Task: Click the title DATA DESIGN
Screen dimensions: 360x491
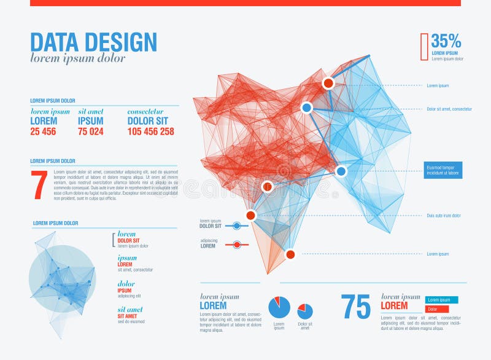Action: pyautogui.click(x=93, y=42)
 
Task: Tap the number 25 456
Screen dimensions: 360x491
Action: pyautogui.click(x=43, y=131)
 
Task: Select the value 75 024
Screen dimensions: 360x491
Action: pyautogui.click(x=91, y=131)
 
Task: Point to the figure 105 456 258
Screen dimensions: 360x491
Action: pyautogui.click(x=150, y=131)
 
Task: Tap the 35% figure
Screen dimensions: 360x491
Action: pyautogui.click(x=446, y=41)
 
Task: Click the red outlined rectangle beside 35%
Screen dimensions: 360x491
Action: pyautogui.click(x=424, y=47)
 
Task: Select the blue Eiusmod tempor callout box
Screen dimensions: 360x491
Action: pyautogui.click(x=443, y=170)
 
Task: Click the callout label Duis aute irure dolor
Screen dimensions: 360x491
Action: pyautogui.click(x=444, y=216)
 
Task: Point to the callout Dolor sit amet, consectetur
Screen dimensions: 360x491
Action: pyautogui.click(x=449, y=109)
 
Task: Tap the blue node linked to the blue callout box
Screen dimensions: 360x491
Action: pyautogui.click(x=341, y=171)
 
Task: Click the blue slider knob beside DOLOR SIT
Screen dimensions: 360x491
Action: pyautogui.click(x=237, y=226)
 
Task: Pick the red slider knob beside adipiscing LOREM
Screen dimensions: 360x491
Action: pyautogui.click(x=236, y=245)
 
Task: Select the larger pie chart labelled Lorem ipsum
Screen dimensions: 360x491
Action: pyautogui.click(x=279, y=307)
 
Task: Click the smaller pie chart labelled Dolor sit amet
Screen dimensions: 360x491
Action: pyautogui.click(x=305, y=311)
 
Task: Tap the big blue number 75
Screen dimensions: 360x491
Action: pyautogui.click(x=356, y=307)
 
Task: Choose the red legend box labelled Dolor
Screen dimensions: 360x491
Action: pyautogui.click(x=436, y=309)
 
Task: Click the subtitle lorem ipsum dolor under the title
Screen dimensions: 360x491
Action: pyautogui.click(x=78, y=58)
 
